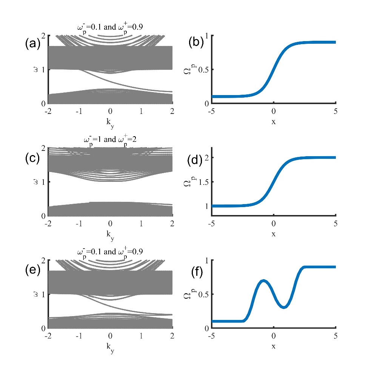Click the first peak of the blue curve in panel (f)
click(263, 281)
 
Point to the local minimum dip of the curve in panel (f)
click(284, 307)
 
